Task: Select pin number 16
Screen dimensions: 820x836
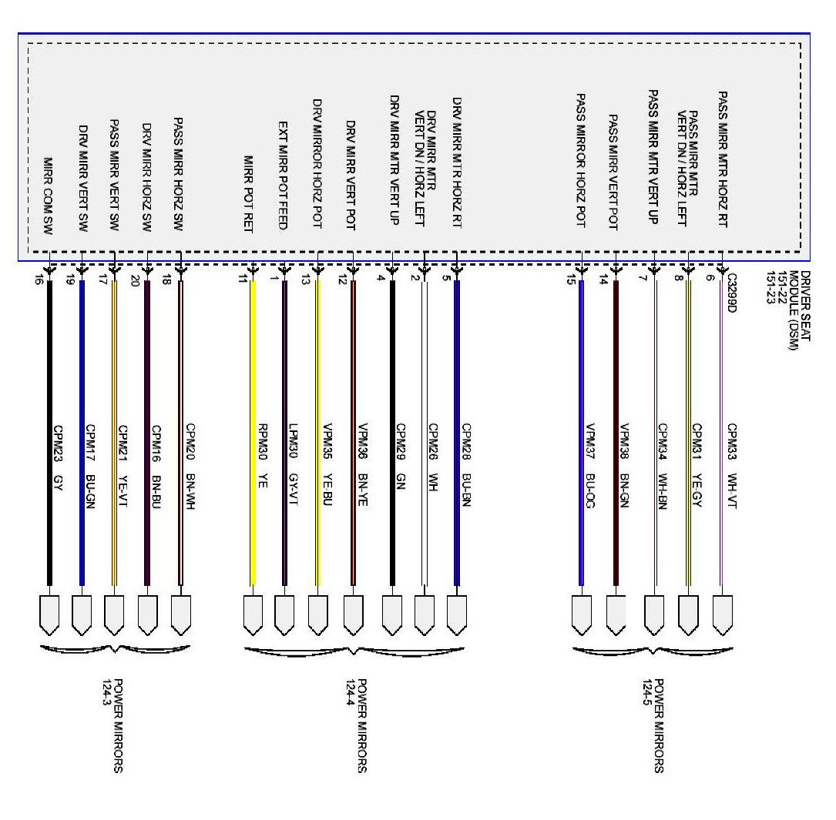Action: click(39, 282)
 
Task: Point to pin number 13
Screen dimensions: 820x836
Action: click(305, 282)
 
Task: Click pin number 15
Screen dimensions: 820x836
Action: click(570, 282)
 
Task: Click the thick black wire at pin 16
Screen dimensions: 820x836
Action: click(50, 431)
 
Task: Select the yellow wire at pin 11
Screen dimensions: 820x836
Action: click(252, 431)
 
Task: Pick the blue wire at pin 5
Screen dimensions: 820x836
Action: click(457, 431)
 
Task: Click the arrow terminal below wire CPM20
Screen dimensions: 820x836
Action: click(180, 614)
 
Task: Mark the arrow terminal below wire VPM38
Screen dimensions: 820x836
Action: click(615, 614)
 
